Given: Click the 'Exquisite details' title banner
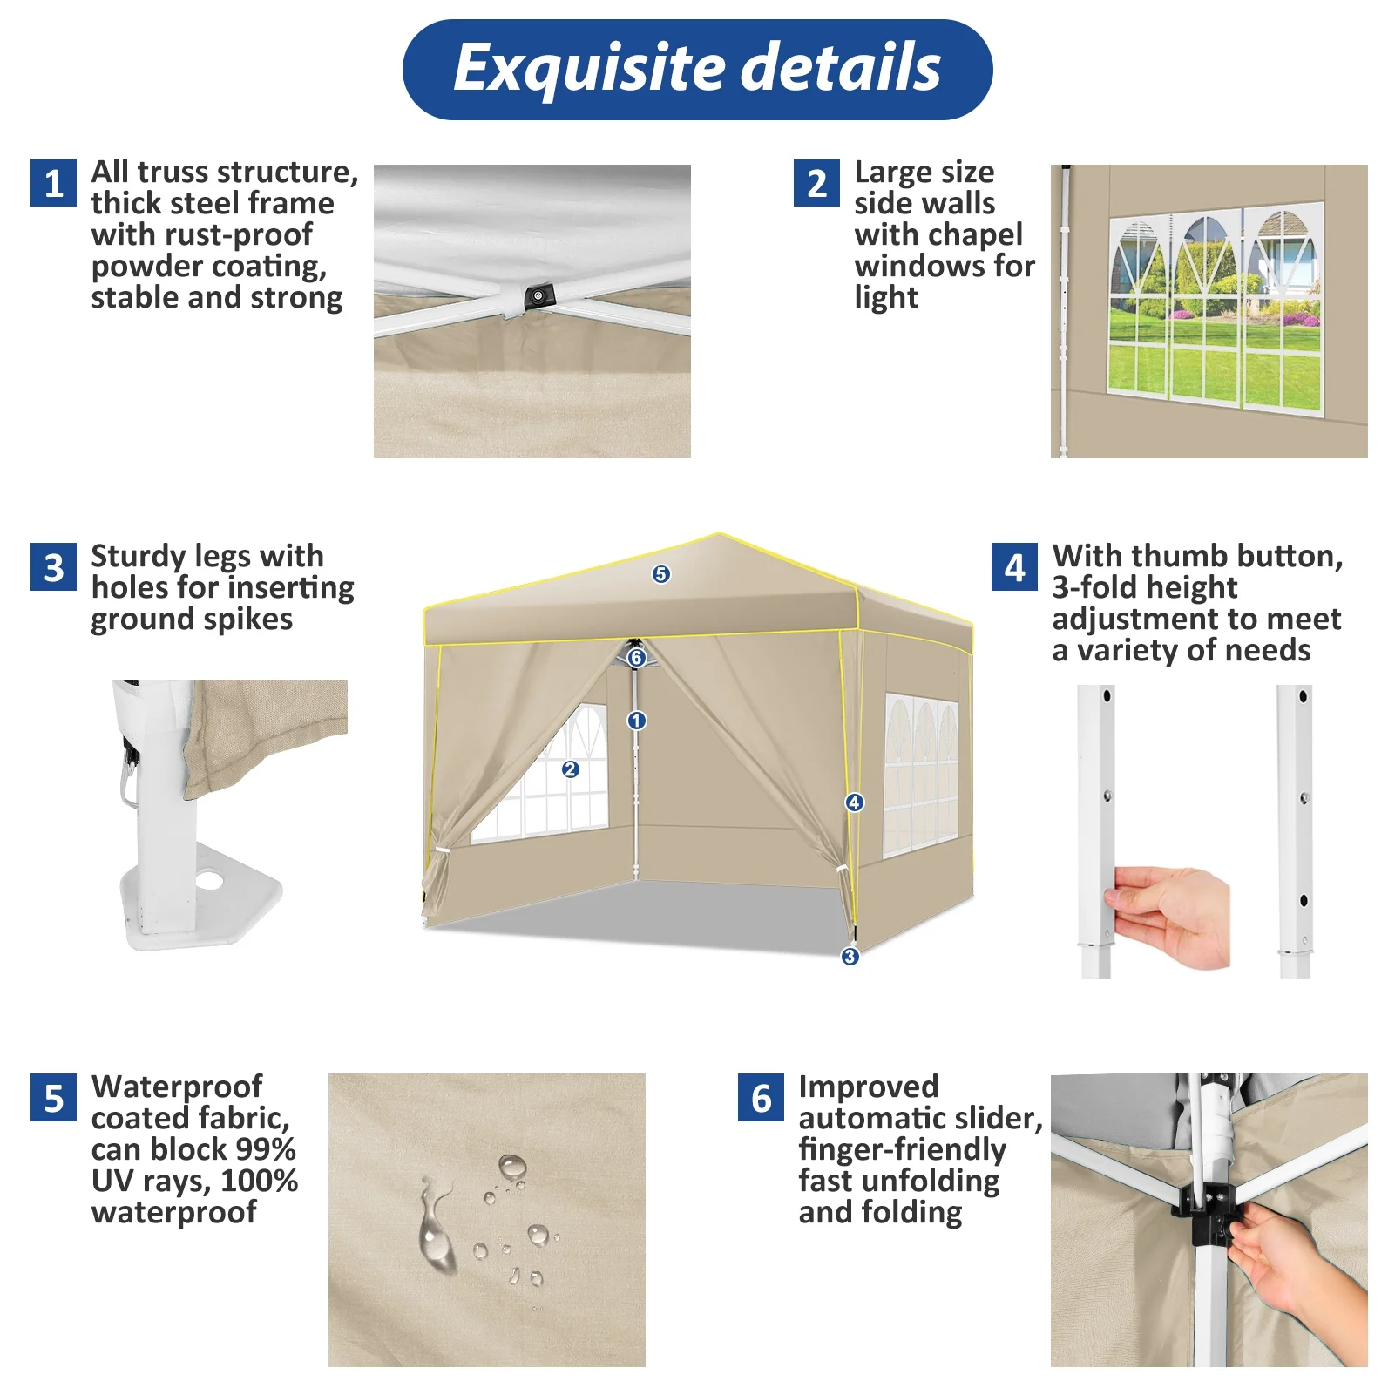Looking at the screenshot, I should [x=697, y=69].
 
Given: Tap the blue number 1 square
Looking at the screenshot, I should [x=53, y=182].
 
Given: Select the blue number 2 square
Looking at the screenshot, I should [x=816, y=182].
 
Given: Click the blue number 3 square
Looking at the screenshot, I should [x=53, y=566].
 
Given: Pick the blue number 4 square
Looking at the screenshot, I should [x=1014, y=566].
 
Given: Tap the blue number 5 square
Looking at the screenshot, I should [x=53, y=1098].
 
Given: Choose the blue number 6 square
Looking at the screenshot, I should [x=761, y=1098].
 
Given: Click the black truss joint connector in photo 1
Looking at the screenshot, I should [x=538, y=296].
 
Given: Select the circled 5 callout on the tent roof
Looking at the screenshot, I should [x=660, y=574].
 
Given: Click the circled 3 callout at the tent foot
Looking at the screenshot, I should [x=850, y=956].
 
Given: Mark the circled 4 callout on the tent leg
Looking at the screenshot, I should [x=854, y=802].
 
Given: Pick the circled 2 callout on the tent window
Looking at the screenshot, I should [x=570, y=769].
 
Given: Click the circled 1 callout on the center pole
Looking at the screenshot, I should [x=636, y=721].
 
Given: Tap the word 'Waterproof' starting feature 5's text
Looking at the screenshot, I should [x=177, y=1087].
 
